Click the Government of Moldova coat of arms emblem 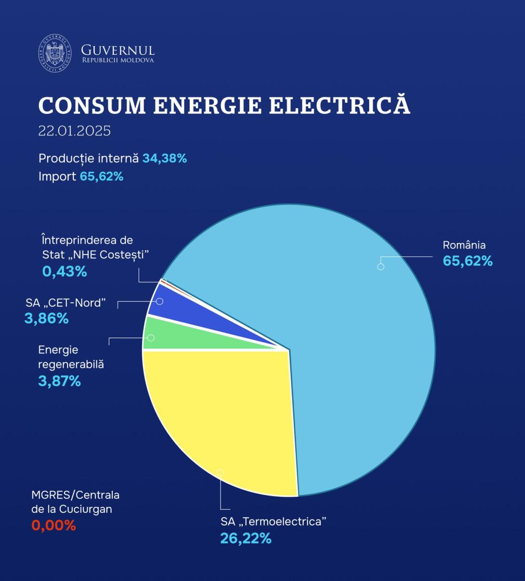tap(54, 53)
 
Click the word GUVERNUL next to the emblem tap(118, 50)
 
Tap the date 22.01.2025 tap(75, 131)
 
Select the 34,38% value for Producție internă tap(164, 158)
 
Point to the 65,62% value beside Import tap(102, 177)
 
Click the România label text tap(464, 245)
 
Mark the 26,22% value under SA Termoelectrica tap(246, 538)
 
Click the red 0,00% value tap(53, 525)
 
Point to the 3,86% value tap(46, 318)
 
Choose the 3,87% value tap(59, 381)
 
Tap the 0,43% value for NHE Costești tap(65, 272)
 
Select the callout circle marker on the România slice tap(381, 266)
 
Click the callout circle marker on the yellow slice tap(221, 473)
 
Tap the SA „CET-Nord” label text tap(66, 303)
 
